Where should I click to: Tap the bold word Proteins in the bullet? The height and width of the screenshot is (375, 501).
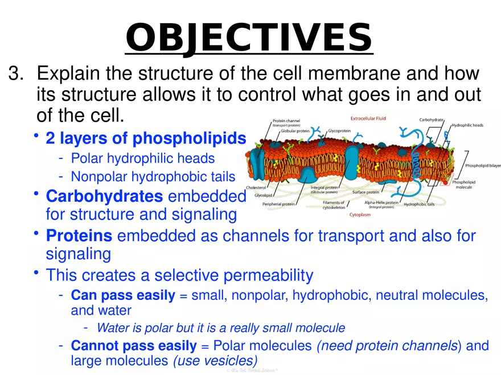[79, 236]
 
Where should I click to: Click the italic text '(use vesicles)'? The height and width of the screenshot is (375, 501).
[215, 360]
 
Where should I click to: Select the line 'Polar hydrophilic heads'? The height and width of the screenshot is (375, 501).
[142, 158]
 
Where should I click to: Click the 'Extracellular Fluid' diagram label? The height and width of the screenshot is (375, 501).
[368, 119]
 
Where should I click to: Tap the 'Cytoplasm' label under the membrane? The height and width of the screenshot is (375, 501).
[360, 215]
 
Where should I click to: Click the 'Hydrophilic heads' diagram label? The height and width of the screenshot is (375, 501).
[467, 125]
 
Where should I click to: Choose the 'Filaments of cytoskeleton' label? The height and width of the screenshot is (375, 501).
[334, 205]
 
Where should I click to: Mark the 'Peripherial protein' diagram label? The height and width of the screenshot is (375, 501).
[278, 204]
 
